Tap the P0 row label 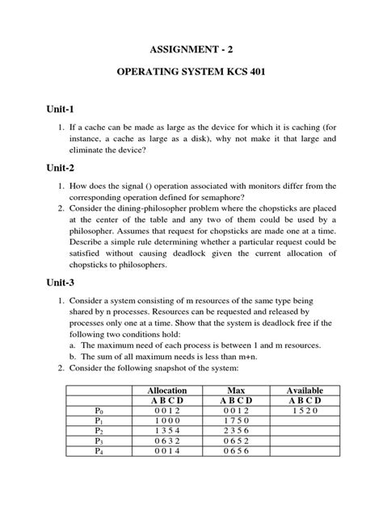[x=99, y=411]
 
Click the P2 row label [x=99, y=431]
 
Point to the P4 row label [x=99, y=452]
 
